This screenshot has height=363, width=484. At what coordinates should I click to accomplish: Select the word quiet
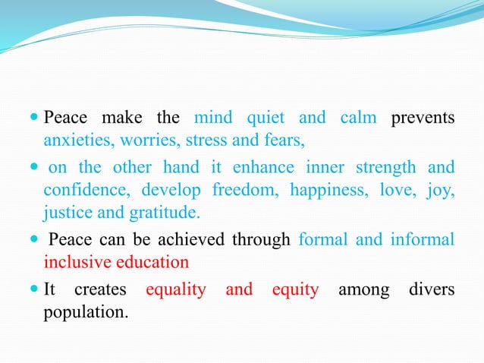point(266,118)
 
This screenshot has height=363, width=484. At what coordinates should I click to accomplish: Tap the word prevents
point(423,118)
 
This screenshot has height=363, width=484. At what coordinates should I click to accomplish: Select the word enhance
point(271,167)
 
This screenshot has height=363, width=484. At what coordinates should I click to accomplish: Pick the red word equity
point(296,289)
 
